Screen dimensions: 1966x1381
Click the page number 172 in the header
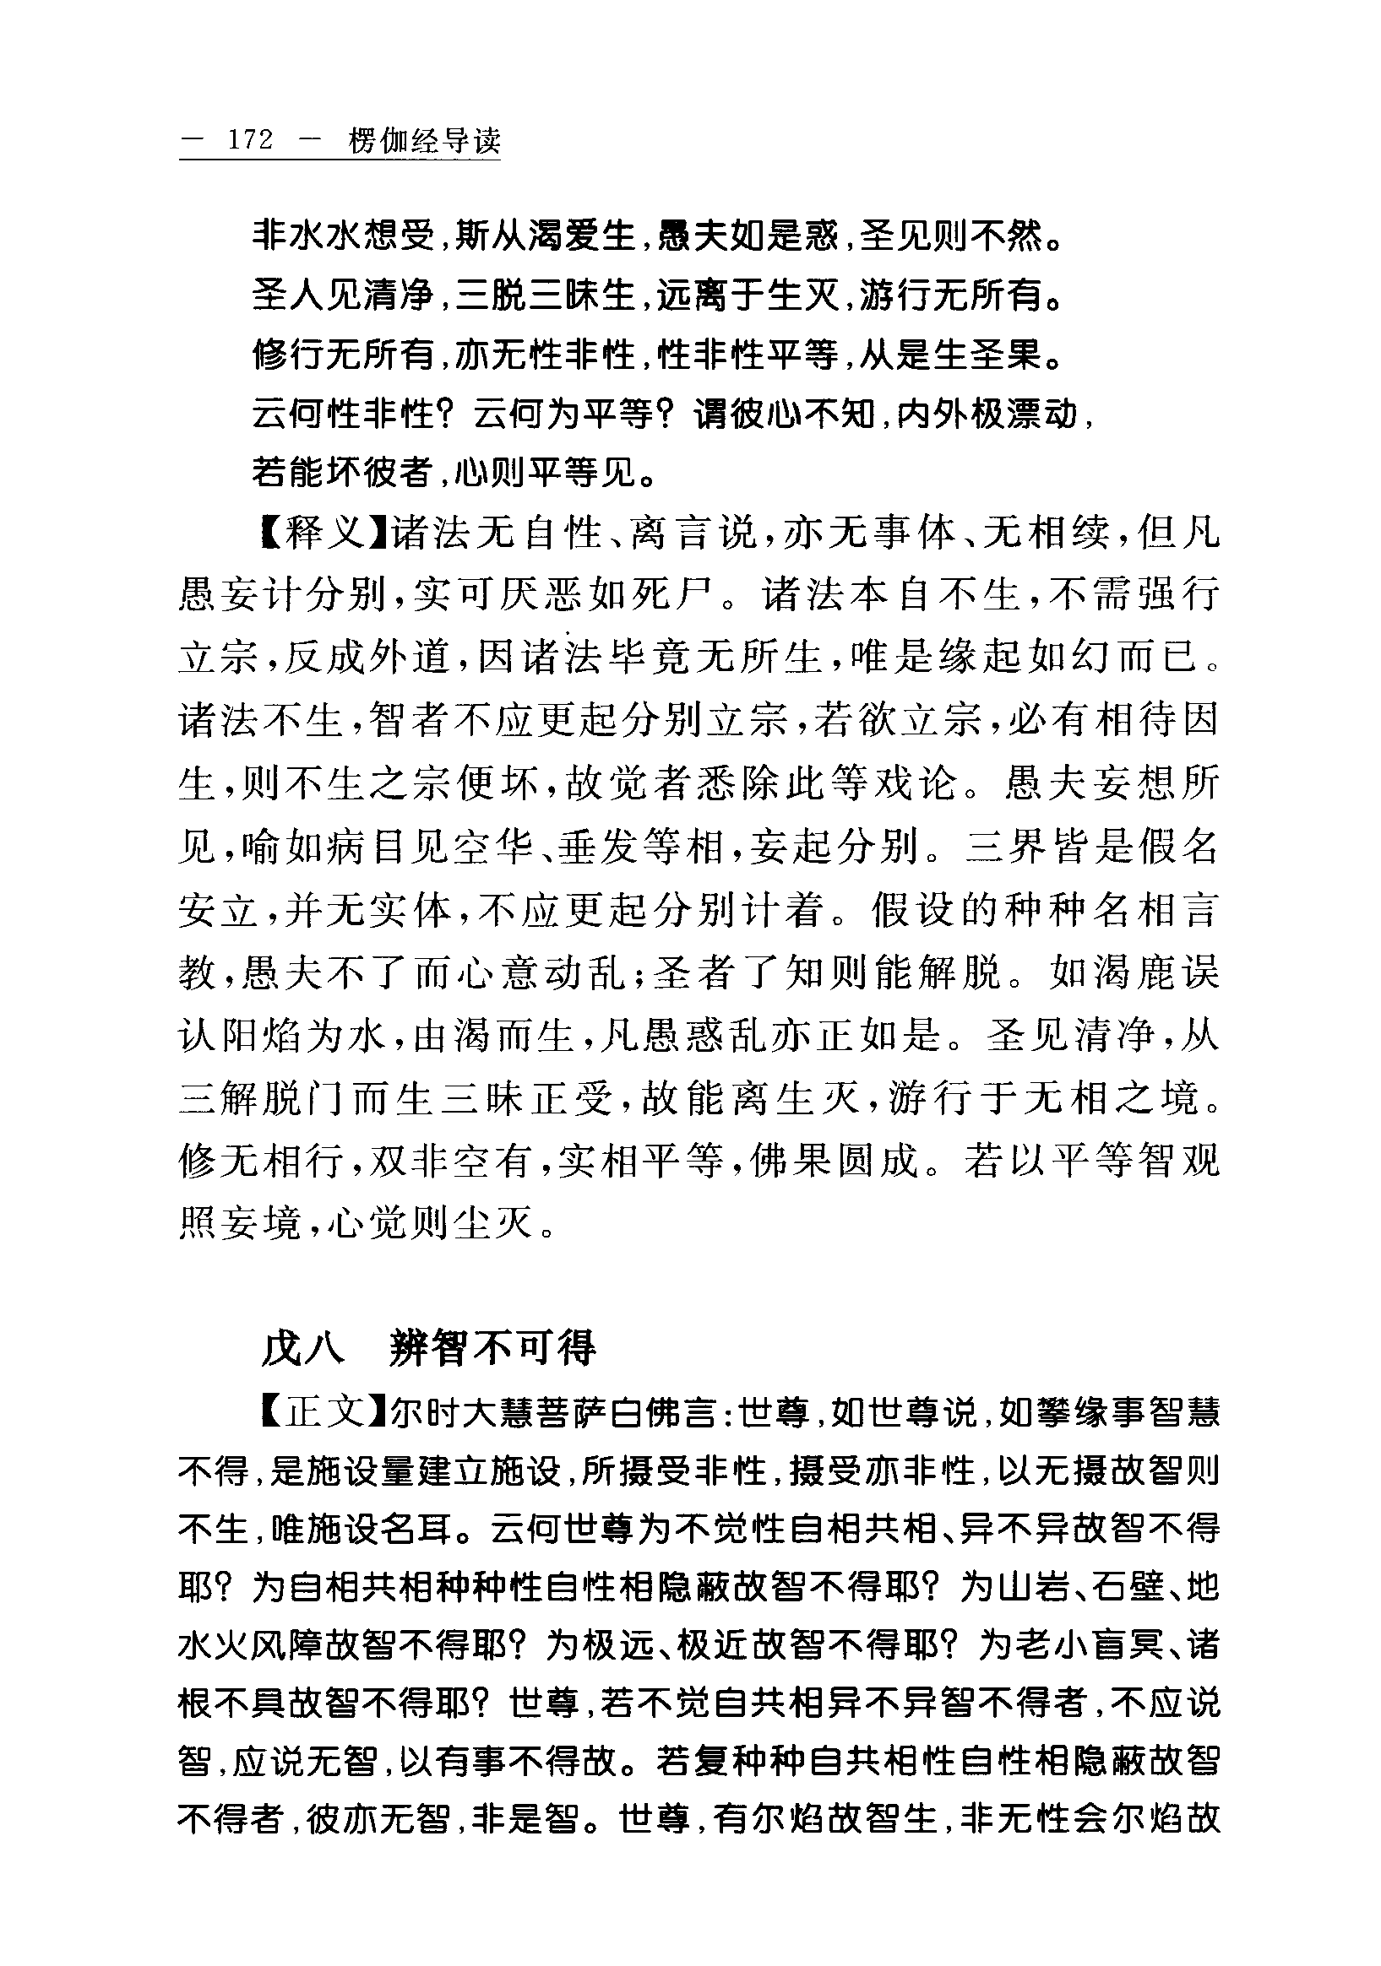(x=250, y=140)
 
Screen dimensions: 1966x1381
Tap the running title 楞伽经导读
(x=423, y=141)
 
